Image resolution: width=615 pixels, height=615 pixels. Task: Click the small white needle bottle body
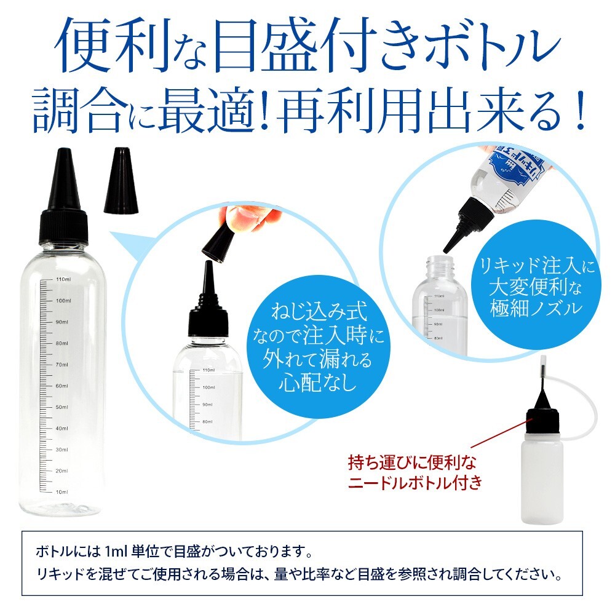542,480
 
